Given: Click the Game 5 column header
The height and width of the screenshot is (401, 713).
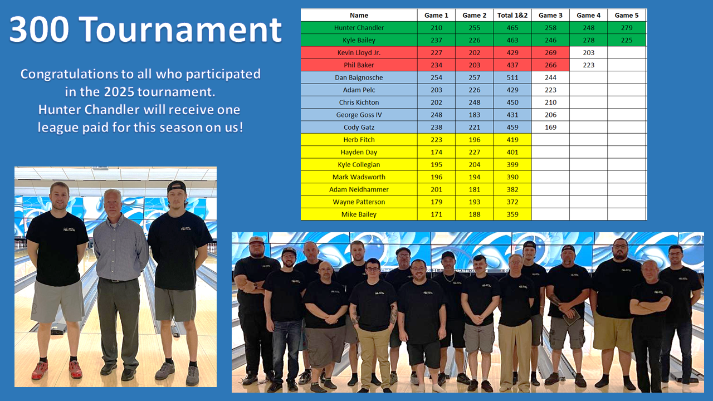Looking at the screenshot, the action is (x=627, y=15).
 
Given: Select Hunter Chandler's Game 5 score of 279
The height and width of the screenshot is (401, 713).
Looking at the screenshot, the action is (x=627, y=28).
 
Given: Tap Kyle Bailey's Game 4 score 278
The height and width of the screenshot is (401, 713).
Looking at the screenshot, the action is (x=589, y=40).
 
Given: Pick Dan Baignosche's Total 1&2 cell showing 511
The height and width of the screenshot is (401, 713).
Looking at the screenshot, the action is (x=512, y=77).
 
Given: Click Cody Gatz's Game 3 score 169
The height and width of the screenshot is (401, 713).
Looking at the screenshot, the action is (x=550, y=128).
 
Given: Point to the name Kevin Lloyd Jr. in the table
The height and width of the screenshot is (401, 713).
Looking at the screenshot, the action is (x=359, y=52).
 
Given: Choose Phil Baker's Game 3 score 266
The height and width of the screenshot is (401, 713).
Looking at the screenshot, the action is (x=550, y=65).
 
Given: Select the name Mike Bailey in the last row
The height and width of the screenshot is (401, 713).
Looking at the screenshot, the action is (x=359, y=214).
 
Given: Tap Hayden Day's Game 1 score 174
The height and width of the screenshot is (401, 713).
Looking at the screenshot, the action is (x=436, y=152).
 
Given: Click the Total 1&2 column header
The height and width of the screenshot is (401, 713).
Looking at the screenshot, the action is (x=512, y=15).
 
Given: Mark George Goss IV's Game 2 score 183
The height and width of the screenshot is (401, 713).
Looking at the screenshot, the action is (x=474, y=115).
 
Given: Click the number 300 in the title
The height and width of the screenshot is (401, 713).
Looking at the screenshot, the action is (x=39, y=30).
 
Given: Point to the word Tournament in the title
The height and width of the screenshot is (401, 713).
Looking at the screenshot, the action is (x=180, y=30).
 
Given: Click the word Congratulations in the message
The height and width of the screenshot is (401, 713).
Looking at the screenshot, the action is (x=69, y=75).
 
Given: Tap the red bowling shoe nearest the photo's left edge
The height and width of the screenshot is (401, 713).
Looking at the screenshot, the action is (x=40, y=370).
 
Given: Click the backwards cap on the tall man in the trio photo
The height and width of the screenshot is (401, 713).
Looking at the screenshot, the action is (x=176, y=186).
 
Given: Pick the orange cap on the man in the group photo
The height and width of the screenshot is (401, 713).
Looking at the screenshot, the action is (x=257, y=240).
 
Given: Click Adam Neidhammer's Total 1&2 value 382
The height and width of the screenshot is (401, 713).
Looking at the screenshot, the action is (x=512, y=189).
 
